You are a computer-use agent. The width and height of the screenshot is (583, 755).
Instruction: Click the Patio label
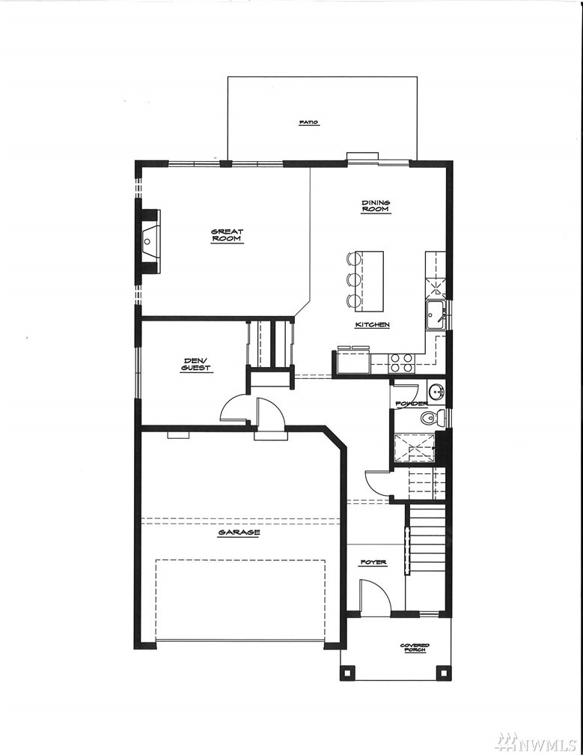309,123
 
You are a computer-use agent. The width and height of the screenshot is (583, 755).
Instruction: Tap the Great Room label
227,235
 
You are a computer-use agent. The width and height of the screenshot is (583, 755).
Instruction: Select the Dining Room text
376,206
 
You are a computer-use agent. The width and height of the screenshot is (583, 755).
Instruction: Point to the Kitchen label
372,324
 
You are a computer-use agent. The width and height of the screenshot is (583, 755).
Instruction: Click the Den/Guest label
196,365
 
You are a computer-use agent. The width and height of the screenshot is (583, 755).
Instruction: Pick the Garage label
239,533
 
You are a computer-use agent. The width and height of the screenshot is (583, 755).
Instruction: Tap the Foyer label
373,563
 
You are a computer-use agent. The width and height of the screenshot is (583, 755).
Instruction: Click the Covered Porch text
415,648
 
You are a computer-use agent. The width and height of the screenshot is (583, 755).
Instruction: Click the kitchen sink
436,315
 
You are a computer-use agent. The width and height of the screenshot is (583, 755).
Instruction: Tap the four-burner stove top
402,363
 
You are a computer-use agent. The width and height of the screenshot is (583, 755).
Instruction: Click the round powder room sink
437,392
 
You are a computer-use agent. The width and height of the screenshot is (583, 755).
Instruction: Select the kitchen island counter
372,281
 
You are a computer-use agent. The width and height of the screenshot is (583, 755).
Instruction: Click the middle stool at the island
353,280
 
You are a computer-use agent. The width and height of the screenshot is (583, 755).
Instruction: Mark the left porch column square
347,673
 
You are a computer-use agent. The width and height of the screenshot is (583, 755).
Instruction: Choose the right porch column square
442,673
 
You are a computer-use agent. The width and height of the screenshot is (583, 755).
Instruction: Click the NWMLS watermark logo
552,742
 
